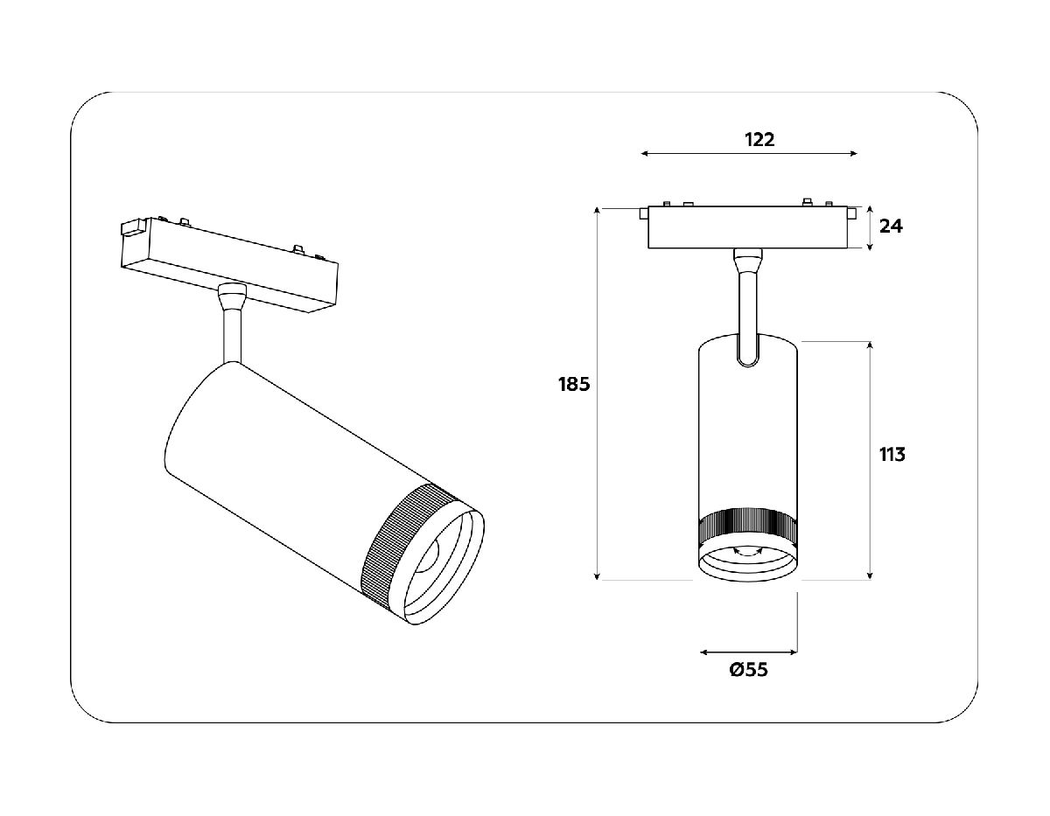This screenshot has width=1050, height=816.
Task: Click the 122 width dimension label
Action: (759, 139)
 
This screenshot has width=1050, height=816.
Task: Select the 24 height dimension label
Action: (891, 226)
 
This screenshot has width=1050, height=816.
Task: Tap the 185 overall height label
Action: (574, 383)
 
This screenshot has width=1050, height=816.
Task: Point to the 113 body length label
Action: (892, 454)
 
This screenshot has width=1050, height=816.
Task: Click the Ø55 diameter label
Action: (748, 670)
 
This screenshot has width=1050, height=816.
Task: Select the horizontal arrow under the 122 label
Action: (748, 154)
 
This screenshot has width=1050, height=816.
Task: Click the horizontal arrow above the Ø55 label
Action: (748, 652)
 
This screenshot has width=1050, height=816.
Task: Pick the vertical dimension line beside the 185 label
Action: (597, 394)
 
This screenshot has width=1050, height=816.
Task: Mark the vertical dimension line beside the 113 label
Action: (870, 459)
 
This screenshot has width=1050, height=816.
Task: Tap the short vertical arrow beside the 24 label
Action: (870, 228)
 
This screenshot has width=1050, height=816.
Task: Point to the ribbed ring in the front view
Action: (747, 525)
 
